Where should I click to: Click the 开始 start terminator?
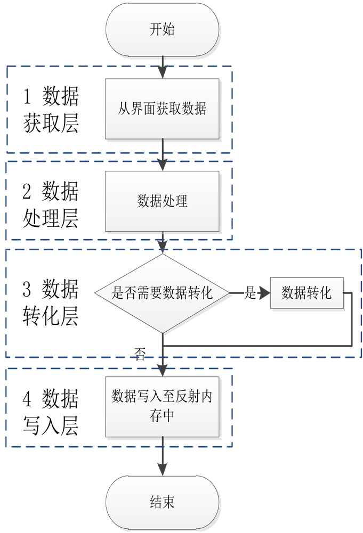(163, 30)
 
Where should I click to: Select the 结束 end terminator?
(163, 502)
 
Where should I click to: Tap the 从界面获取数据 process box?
(163, 109)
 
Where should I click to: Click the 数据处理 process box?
(163, 201)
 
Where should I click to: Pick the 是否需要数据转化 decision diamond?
(163, 293)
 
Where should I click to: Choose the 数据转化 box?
(306, 293)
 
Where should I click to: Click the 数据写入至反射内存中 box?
(163, 407)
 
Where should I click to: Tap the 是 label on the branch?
(250, 293)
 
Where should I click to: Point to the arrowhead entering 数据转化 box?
(265, 293)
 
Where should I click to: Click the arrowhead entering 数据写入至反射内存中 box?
(163, 370)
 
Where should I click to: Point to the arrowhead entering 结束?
(163, 470)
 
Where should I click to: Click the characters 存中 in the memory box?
(163, 416)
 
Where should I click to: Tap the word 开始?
(163, 30)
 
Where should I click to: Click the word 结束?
(163, 502)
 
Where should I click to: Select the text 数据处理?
(163, 201)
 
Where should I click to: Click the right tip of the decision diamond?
(230, 293)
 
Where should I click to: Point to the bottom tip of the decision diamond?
(163, 333)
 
